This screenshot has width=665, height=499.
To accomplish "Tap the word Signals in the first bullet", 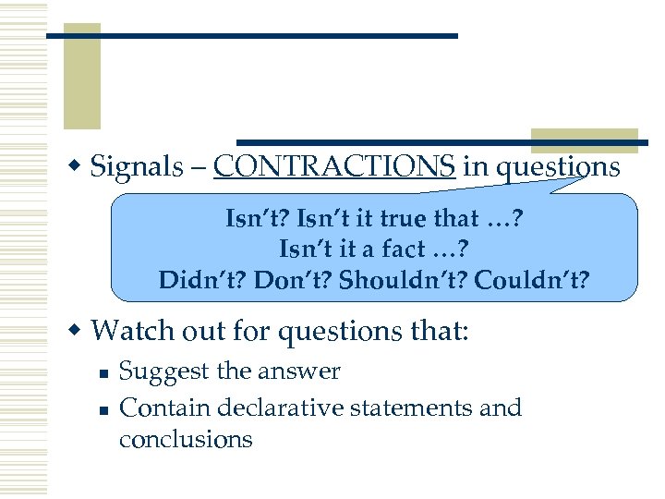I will [x=139, y=168].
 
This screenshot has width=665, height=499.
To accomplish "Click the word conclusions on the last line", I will [x=185, y=439].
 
